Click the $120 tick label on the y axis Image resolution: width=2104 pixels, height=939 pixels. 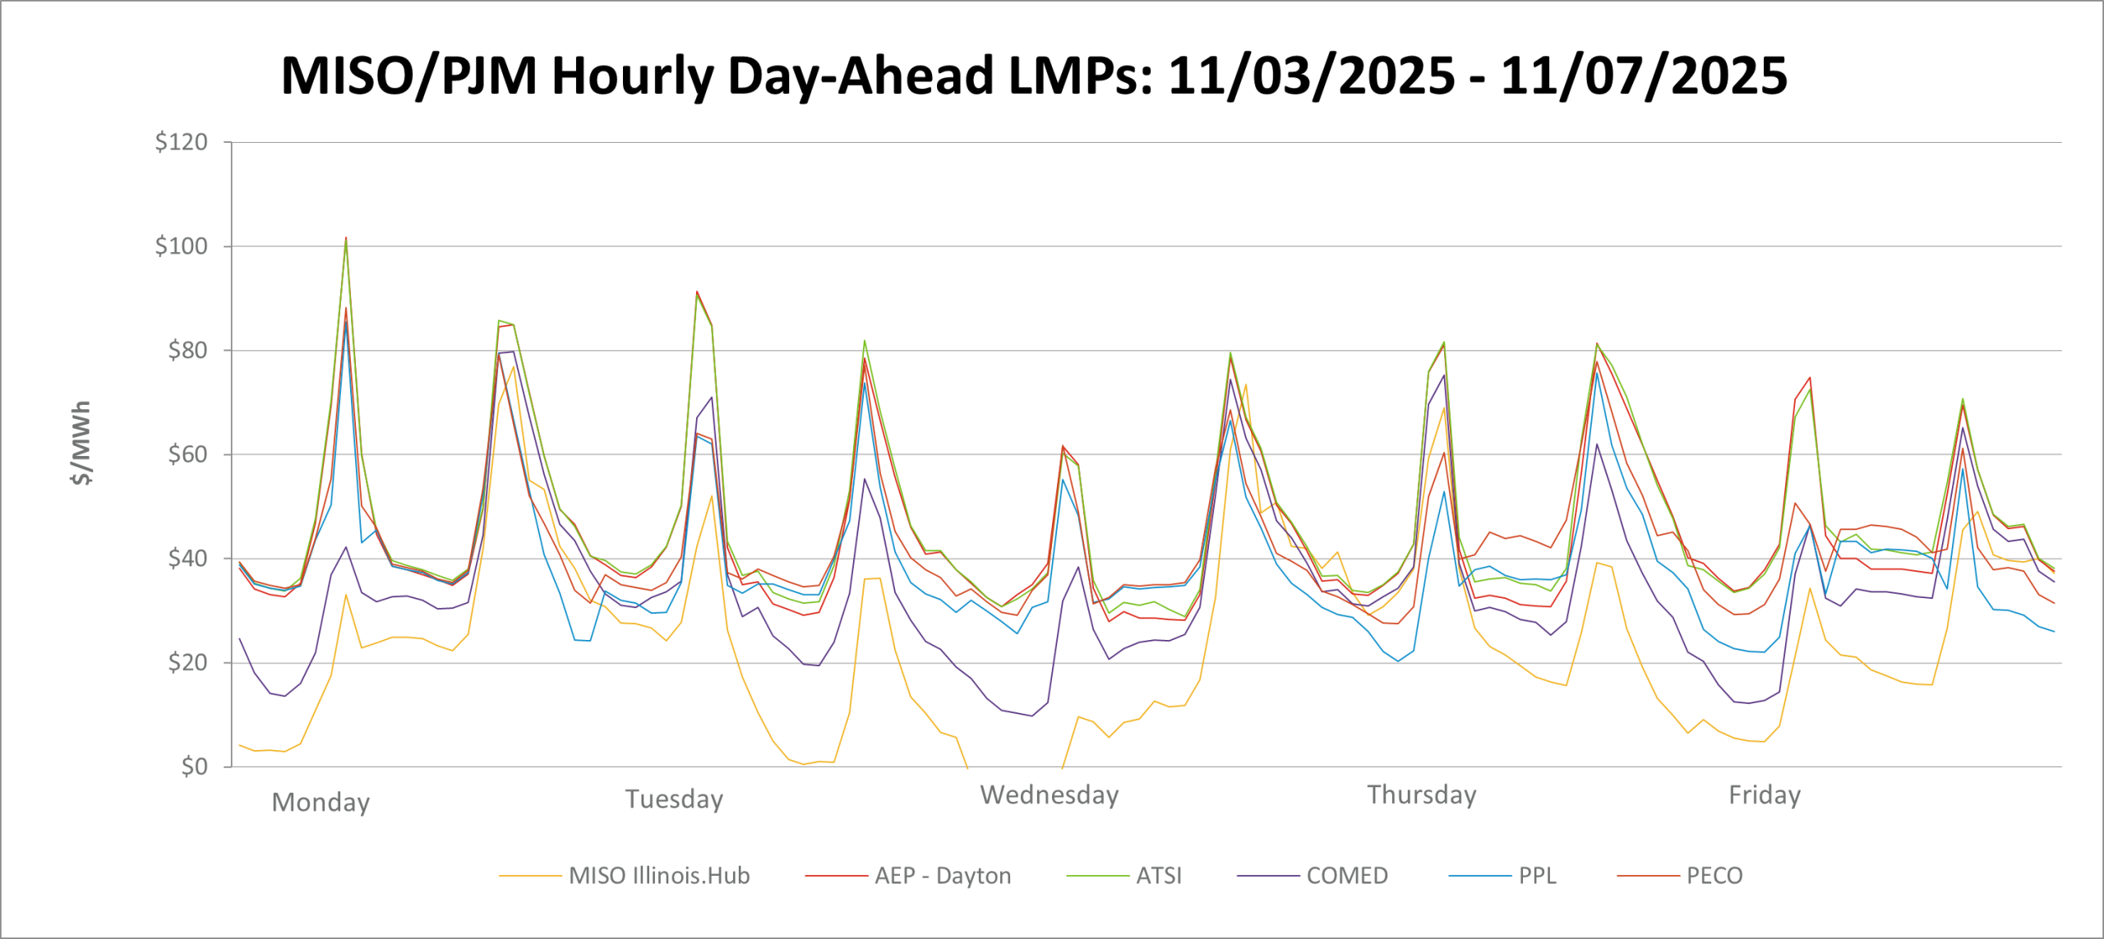tap(182, 142)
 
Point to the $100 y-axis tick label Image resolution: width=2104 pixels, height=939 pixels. tap(182, 246)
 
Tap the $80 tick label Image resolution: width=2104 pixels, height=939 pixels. tap(187, 351)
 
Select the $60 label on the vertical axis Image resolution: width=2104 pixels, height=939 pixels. tap(187, 454)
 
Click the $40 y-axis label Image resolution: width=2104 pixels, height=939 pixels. tap(187, 559)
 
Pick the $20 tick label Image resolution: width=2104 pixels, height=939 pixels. tap(187, 663)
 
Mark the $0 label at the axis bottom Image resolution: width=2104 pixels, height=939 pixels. tap(194, 766)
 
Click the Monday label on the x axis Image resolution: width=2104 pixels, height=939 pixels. tap(321, 802)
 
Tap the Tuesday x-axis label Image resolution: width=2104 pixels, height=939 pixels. tap(674, 799)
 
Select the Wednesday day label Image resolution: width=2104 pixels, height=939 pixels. tap(1050, 794)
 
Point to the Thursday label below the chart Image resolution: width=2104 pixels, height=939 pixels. tap(1422, 794)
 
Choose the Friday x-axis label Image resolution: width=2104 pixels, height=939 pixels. tap(1765, 794)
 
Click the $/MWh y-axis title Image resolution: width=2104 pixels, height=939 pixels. tap(81, 443)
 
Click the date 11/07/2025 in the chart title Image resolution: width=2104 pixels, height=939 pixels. tap(1644, 76)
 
